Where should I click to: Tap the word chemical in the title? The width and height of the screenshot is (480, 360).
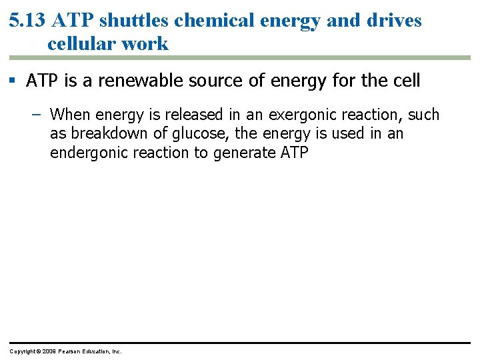coord(213,20)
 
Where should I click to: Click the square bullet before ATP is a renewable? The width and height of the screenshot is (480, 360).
coord(13,81)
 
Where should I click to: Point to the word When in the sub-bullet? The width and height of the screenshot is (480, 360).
coord(69,115)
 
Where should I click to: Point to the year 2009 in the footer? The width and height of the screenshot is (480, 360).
coord(47,351)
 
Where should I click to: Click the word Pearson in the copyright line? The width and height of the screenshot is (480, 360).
coord(70,351)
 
